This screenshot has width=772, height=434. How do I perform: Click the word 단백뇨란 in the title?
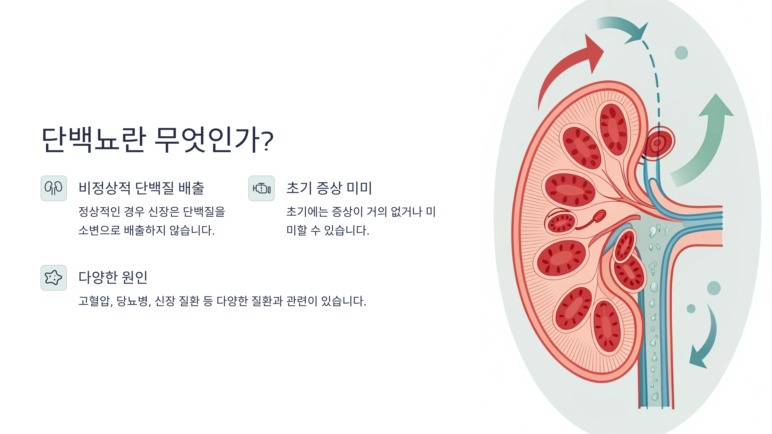pyautogui.click(x=94, y=140)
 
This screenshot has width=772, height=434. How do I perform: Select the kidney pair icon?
pyautogui.click(x=54, y=188)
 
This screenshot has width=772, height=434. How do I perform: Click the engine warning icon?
pyautogui.click(x=262, y=188)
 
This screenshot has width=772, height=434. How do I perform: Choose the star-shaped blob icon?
pyautogui.click(x=54, y=278)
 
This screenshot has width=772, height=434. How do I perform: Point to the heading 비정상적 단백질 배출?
pyautogui.click(x=142, y=188)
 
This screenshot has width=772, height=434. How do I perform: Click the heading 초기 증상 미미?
pyautogui.click(x=329, y=188)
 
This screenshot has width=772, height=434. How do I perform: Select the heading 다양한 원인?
pyautogui.click(x=113, y=277)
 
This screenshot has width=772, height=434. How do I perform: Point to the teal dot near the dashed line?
pyautogui.click(x=681, y=53)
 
